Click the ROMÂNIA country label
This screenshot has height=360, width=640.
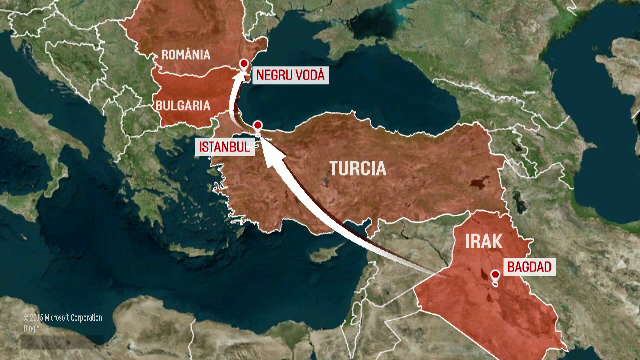tap(185, 53)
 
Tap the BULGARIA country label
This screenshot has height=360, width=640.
tap(182, 104)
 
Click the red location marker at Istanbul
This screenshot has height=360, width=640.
tap(258, 126)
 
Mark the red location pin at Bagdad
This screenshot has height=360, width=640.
tap(494, 277)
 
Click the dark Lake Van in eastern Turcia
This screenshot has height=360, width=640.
tap(478, 185)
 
